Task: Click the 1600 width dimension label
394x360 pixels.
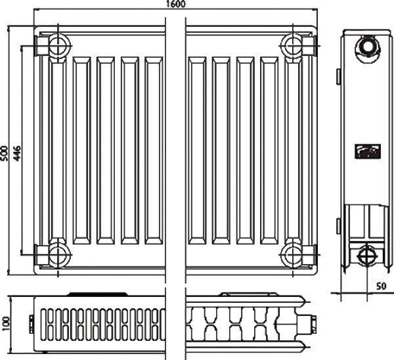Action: pyautogui.click(x=175, y=4)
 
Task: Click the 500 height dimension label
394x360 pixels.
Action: pyautogui.click(x=5, y=153)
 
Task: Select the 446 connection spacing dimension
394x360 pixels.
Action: pyautogui.click(x=17, y=153)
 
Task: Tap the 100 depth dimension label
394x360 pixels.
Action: pyautogui.click(x=5, y=324)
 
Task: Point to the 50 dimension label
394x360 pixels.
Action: pyautogui.click(x=381, y=286)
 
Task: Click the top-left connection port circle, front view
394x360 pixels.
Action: pyautogui.click(x=58, y=46)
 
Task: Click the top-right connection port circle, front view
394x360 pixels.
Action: pyautogui.click(x=292, y=46)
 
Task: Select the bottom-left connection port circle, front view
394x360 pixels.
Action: pyautogui.click(x=58, y=254)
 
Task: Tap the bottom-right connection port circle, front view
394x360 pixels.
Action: pyautogui.click(x=292, y=254)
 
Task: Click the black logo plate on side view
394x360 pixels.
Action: pyautogui.click(x=368, y=151)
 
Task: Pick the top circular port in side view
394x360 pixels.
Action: pyautogui.click(x=367, y=47)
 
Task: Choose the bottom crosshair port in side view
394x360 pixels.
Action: pyautogui.click(x=367, y=256)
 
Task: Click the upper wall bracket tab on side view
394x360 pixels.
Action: pyautogui.click(x=338, y=76)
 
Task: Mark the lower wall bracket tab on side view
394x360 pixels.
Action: pyautogui.click(x=338, y=226)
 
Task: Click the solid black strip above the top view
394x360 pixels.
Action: pyautogui.click(x=97, y=294)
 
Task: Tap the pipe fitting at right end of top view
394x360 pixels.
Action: pyautogui.click(x=307, y=324)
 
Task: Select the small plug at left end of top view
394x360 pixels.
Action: pyautogui.click(x=32, y=324)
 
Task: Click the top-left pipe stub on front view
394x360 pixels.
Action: pyautogui.click(x=42, y=46)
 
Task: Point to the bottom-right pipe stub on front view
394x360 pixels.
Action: pyautogui.click(x=309, y=254)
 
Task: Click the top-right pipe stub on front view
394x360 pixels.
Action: pyautogui.click(x=309, y=46)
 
